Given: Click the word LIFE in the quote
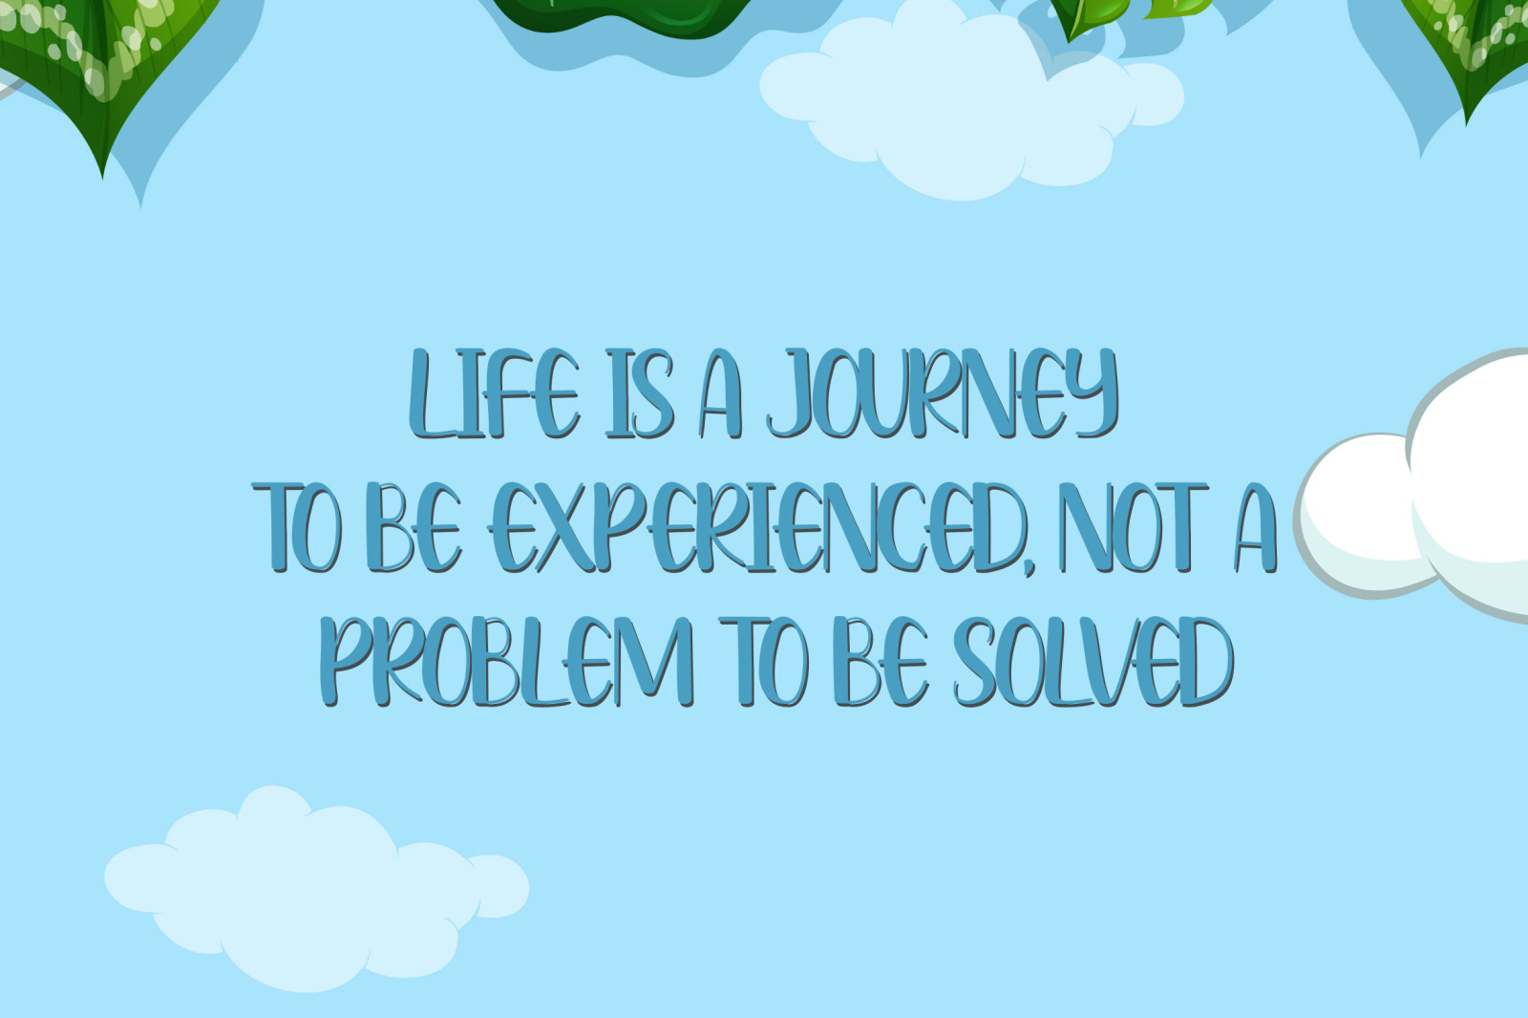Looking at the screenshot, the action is [x=495, y=393].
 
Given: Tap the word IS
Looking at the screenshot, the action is [x=639, y=393].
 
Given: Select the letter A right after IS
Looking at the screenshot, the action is [x=720, y=393].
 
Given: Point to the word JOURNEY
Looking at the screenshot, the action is [x=942, y=393].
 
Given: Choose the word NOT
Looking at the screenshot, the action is [x=1133, y=527].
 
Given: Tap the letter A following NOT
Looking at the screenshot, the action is [x=1256, y=527].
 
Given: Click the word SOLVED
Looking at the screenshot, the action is [x=1093, y=662].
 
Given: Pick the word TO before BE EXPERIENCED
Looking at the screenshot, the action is [x=296, y=527].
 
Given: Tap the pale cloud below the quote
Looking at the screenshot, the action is [x=316, y=888].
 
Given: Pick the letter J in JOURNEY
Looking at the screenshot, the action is [x=793, y=393].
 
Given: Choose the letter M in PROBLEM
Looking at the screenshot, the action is [x=655, y=662].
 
